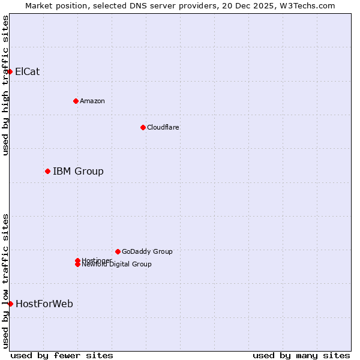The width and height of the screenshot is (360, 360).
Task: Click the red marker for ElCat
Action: point(10,71)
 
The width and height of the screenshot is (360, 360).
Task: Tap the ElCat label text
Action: point(27,71)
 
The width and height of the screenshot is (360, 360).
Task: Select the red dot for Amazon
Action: point(76,101)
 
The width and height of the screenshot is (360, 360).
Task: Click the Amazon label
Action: point(92,101)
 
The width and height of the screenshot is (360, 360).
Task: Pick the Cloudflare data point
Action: point(143,127)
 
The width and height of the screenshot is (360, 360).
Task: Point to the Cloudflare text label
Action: point(163,127)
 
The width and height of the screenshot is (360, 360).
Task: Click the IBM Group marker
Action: point(47,171)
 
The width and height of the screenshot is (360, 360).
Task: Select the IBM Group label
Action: point(78,171)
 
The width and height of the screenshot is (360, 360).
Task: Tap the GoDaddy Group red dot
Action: point(118,251)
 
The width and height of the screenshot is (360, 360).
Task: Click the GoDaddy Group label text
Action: point(147,251)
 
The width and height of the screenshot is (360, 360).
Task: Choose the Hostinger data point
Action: point(77,260)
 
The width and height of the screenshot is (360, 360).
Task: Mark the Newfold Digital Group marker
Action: point(77,265)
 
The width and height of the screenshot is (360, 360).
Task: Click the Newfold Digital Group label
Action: point(116,265)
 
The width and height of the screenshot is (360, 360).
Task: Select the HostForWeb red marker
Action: point(10,304)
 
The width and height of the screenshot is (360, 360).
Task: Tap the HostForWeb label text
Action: point(44,304)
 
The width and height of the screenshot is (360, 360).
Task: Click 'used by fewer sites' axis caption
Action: point(62,355)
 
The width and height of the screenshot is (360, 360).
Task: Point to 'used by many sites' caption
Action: point(301,355)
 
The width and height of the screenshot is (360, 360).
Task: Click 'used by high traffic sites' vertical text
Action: point(5,85)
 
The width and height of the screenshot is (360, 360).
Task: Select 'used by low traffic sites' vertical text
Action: point(5,280)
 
